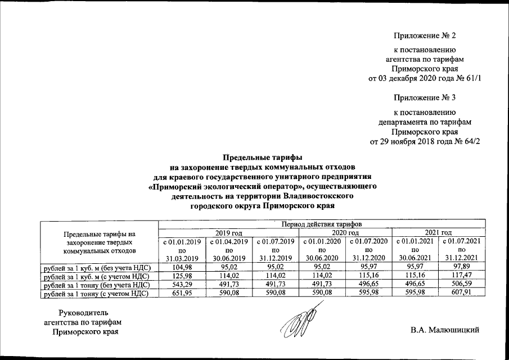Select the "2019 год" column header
(x=229, y=232)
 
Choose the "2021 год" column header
(x=439, y=232)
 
